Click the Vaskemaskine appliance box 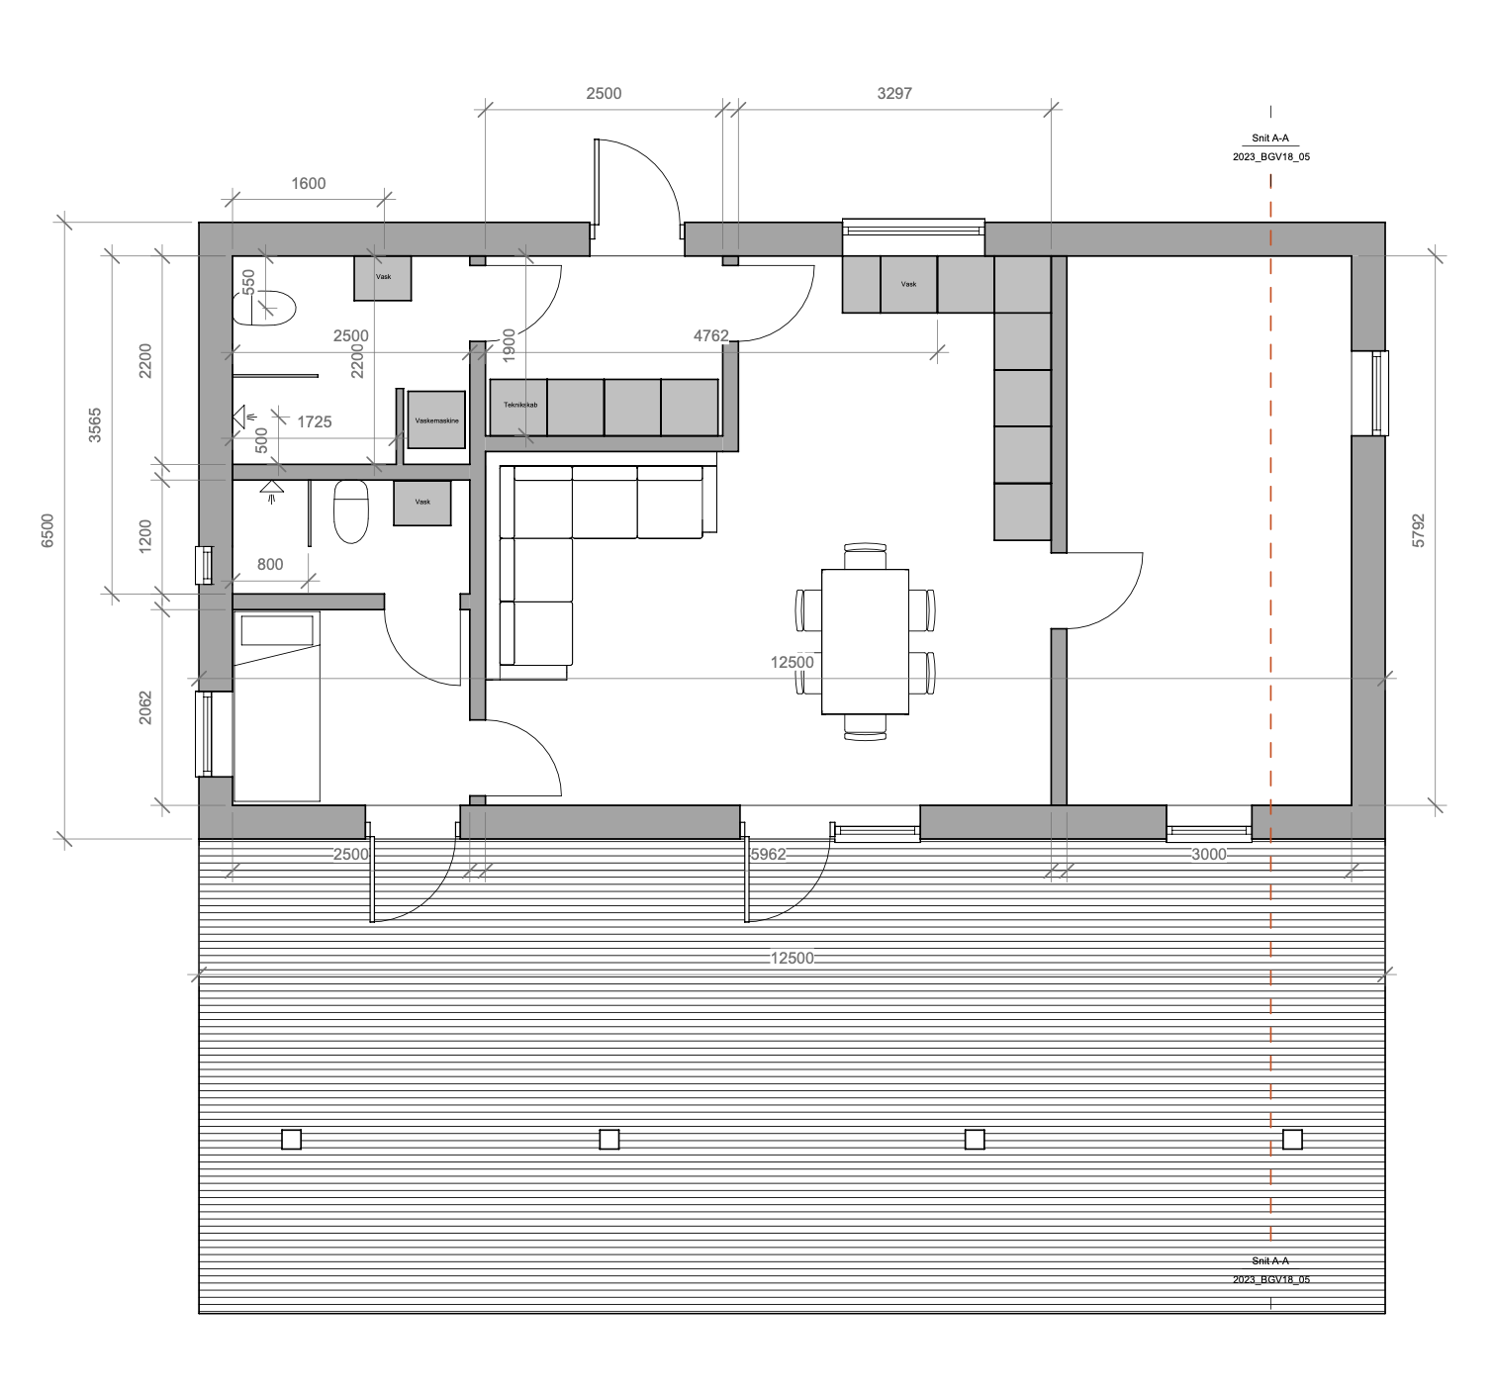click(436, 419)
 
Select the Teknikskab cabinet click(518, 407)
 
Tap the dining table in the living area click(865, 642)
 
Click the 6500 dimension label click(47, 530)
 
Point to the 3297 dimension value click(894, 93)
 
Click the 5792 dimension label click(1418, 530)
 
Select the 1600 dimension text click(309, 184)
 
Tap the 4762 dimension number click(711, 335)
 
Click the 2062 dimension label click(145, 708)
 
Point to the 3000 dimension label click(1209, 854)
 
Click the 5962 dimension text click(768, 854)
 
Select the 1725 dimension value click(315, 422)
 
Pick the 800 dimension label click(270, 564)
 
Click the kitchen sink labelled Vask click(908, 284)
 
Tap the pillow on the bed click(277, 630)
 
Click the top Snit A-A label click(1270, 139)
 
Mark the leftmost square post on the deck click(291, 1140)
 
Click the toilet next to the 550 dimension click(264, 308)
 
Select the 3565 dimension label click(95, 425)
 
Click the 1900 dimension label click(510, 345)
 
